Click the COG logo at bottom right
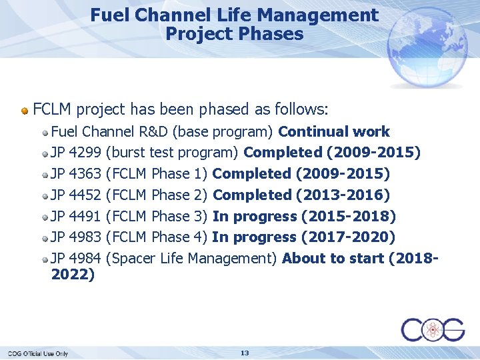[x=433, y=329]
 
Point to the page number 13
[x=245, y=353]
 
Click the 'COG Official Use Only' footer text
[x=38, y=353]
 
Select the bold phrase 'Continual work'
[x=334, y=131]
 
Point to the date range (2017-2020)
[x=348, y=237]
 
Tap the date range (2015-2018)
[x=349, y=216]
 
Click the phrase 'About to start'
[x=333, y=258]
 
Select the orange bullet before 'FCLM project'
[x=25, y=109]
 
